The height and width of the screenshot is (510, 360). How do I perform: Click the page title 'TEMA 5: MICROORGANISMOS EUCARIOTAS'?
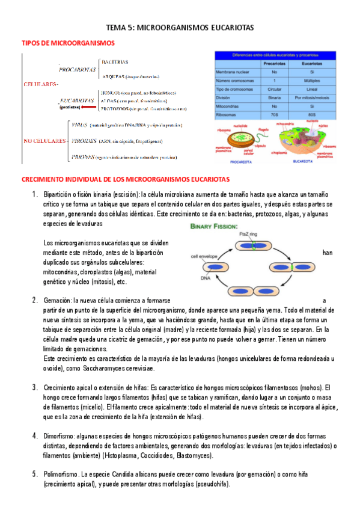coord(180,28)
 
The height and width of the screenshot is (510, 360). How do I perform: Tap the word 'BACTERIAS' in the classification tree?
coord(115,62)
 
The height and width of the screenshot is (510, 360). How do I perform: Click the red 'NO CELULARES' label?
coord(44,141)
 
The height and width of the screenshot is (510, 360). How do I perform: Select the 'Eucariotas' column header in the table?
coord(311,63)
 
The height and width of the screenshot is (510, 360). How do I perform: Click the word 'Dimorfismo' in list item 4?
coord(59,435)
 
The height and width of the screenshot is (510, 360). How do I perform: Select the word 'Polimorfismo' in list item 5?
coord(61,475)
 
